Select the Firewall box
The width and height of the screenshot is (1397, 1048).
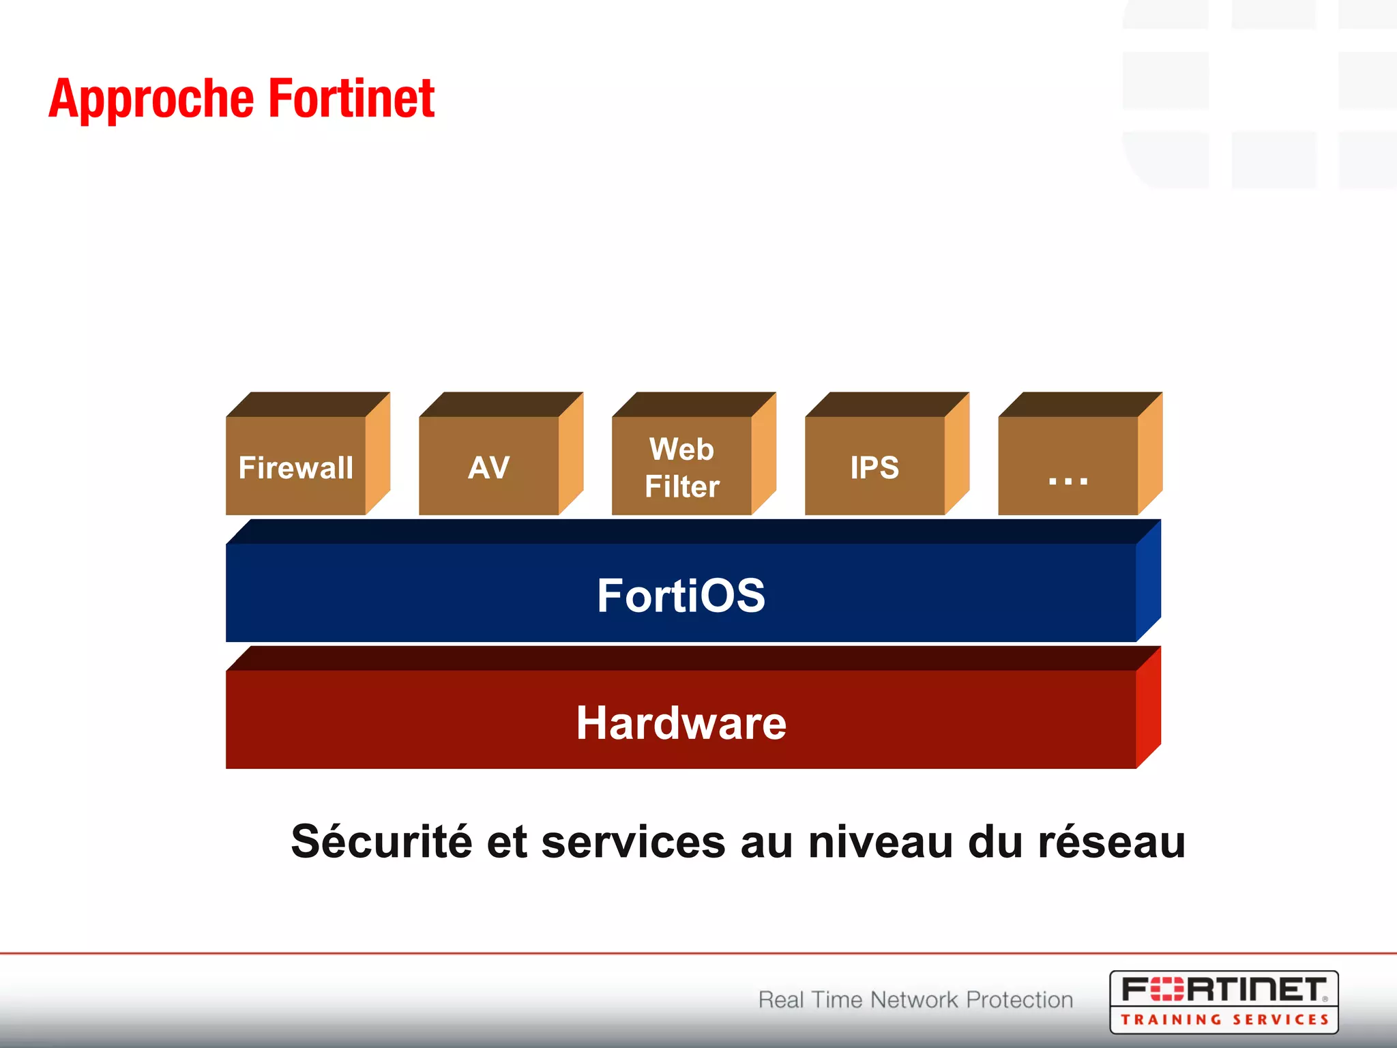click(296, 467)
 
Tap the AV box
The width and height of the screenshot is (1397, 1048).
click(489, 467)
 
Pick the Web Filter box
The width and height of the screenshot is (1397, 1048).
click(682, 467)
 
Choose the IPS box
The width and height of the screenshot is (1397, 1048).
click(875, 467)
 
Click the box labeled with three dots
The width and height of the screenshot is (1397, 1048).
click(1068, 467)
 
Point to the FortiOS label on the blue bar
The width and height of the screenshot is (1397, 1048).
click(681, 595)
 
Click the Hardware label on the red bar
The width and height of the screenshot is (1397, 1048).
click(681, 723)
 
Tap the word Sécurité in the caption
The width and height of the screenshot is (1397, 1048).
click(381, 841)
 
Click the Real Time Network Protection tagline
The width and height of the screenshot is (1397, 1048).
click(915, 1000)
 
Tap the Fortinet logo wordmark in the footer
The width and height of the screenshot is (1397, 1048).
click(1224, 989)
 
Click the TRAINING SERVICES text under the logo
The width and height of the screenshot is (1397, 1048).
click(1224, 1020)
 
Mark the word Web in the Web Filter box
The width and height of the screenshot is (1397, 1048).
click(681, 449)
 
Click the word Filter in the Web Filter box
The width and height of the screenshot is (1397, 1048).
click(682, 486)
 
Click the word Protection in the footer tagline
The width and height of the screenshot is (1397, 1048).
click(1020, 1000)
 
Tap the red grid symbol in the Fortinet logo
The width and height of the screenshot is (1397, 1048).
click(1167, 989)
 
